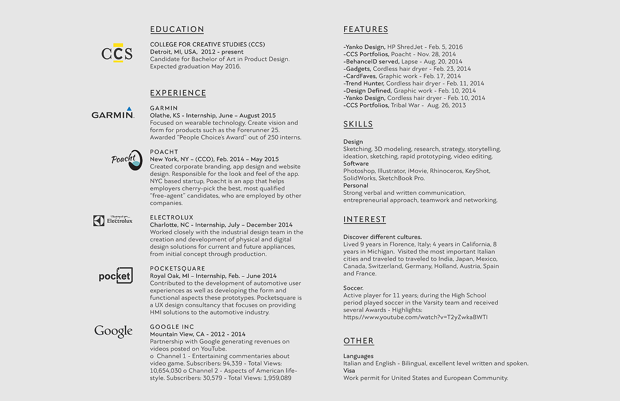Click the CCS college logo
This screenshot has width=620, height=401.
pyautogui.click(x=117, y=53)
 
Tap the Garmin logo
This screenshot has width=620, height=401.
pyautogui.click(x=112, y=114)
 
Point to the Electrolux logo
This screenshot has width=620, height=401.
pyautogui.click(x=113, y=220)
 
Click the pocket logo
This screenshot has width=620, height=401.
pyautogui.click(x=116, y=276)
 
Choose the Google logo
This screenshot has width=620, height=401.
pyautogui.click(x=113, y=331)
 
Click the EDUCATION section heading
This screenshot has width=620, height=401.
pyautogui.click(x=177, y=29)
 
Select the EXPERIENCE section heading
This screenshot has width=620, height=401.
pyautogui.click(x=178, y=93)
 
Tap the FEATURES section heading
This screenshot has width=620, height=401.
pyautogui.click(x=365, y=29)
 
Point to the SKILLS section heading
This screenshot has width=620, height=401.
pyautogui.click(x=358, y=124)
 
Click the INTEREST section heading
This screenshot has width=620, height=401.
pyautogui.click(x=364, y=219)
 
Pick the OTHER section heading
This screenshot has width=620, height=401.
pyautogui.click(x=358, y=341)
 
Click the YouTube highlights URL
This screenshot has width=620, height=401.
pyautogui.click(x=415, y=317)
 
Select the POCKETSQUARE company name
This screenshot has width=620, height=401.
pyautogui.click(x=178, y=268)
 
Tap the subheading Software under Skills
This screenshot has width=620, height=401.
pyautogui.click(x=356, y=163)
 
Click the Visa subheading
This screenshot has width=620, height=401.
pyautogui.click(x=349, y=370)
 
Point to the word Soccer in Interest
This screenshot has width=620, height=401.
pyautogui.click(x=353, y=288)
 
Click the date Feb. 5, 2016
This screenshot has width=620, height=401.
pyautogui.click(x=446, y=47)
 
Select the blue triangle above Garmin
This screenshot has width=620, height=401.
pyautogui.click(x=129, y=108)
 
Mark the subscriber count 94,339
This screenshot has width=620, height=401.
pyautogui.click(x=232, y=363)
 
